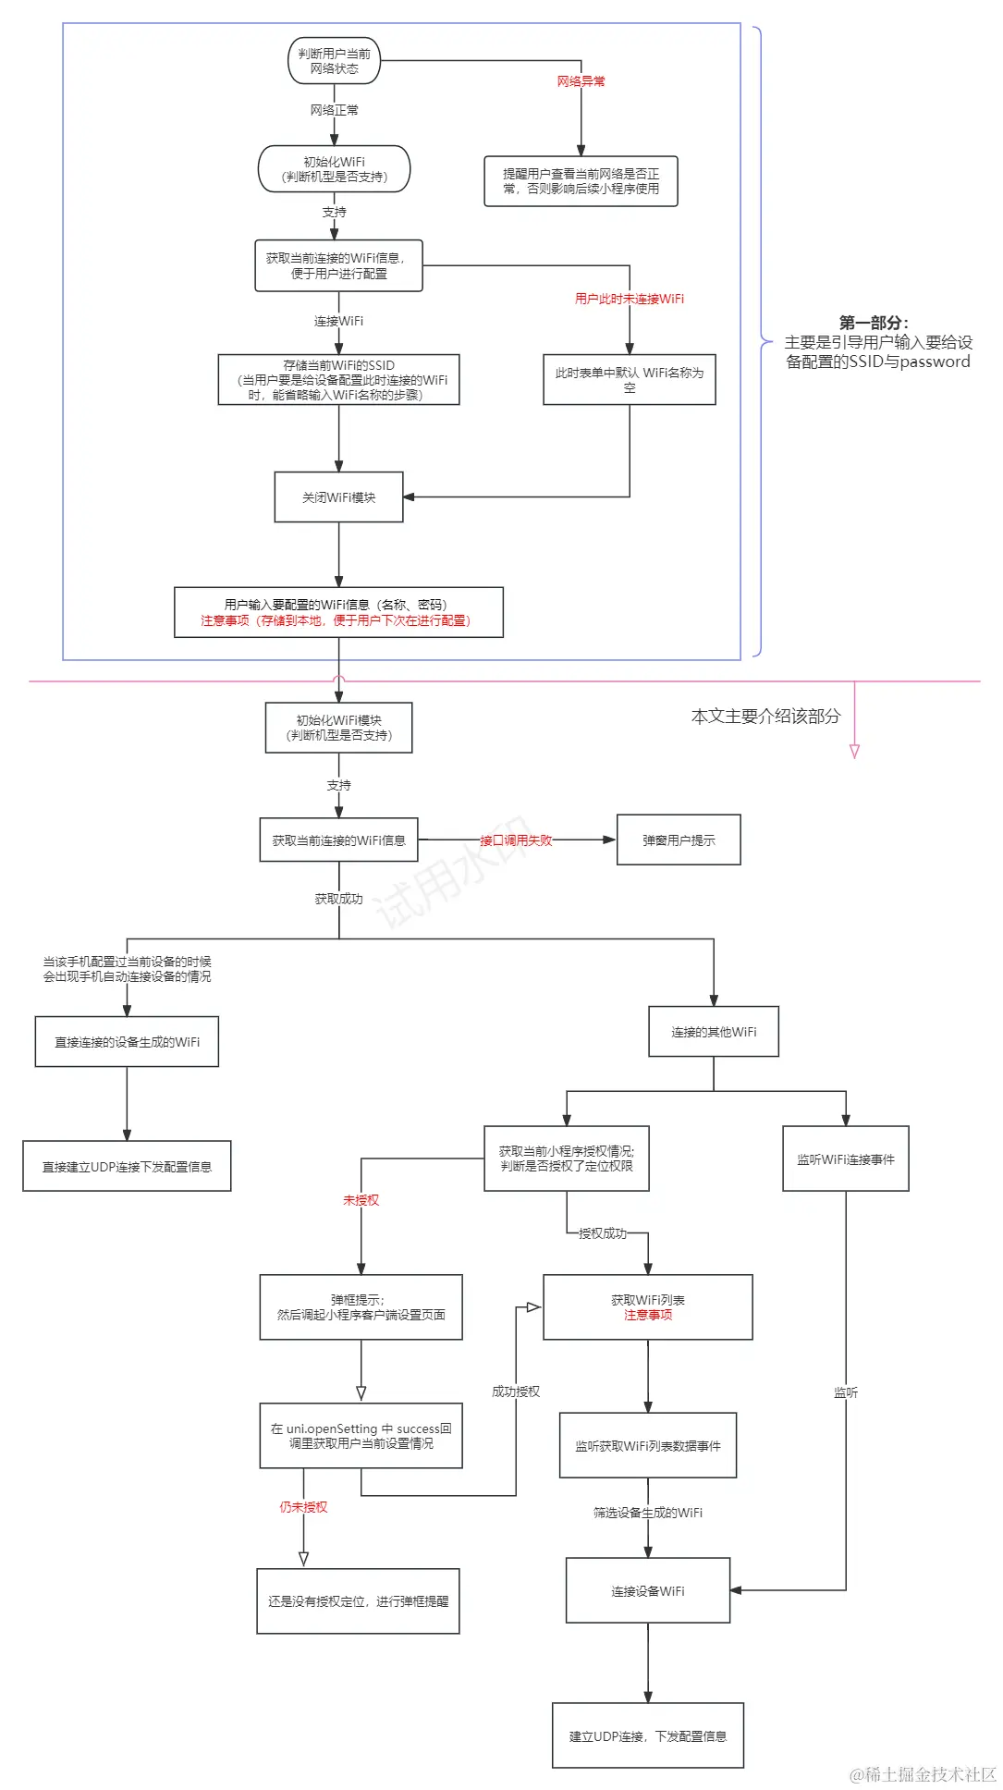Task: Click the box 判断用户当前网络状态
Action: [x=334, y=61]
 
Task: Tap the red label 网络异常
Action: [x=581, y=81]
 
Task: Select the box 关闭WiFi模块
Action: [x=338, y=497]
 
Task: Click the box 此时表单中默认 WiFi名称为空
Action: [x=629, y=380]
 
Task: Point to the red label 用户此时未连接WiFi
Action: [x=629, y=299]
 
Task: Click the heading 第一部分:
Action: [x=874, y=323]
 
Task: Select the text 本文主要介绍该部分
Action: [x=765, y=716]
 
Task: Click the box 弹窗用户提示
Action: [x=679, y=840]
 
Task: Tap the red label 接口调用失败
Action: [x=516, y=840]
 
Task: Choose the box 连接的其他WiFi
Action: [x=714, y=1032]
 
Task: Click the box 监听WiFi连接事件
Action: [x=845, y=1159]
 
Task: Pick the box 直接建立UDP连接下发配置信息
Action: [x=127, y=1167]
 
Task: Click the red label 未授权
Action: [x=361, y=1200]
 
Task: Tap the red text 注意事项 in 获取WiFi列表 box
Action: [x=647, y=1315]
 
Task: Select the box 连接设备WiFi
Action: [x=647, y=1591]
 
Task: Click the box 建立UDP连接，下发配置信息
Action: [x=647, y=1736]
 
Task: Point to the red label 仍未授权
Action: [x=303, y=1507]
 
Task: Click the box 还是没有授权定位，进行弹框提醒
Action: [x=358, y=1601]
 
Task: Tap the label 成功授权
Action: [x=515, y=1392]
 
